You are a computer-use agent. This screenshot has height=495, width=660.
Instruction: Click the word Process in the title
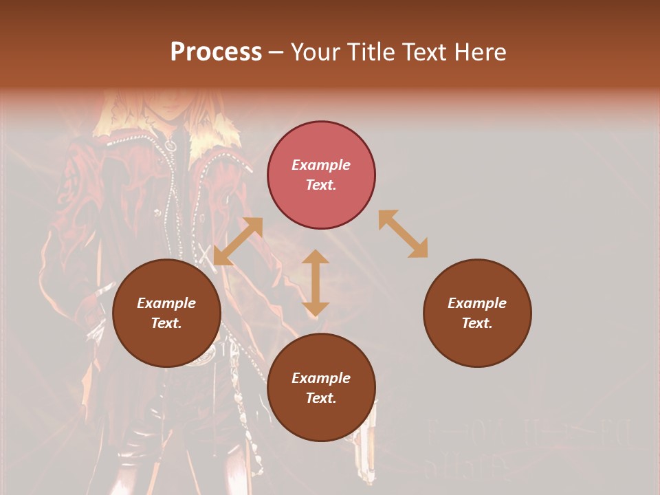[216, 52]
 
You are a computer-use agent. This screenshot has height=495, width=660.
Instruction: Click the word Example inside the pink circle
[321, 165]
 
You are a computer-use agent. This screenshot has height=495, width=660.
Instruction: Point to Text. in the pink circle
[321, 185]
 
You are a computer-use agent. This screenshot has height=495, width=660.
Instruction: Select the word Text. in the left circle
[166, 323]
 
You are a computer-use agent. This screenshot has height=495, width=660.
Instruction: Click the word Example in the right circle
[477, 303]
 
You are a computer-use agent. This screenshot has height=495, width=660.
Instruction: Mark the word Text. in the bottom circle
[321, 398]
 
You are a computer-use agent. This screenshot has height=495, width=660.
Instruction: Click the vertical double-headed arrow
[316, 283]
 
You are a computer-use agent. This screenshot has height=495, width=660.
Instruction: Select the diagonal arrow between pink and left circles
[238, 241]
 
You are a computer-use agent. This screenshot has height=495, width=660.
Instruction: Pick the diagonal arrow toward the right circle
[403, 234]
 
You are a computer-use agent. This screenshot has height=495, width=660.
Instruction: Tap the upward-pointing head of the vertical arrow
[316, 256]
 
